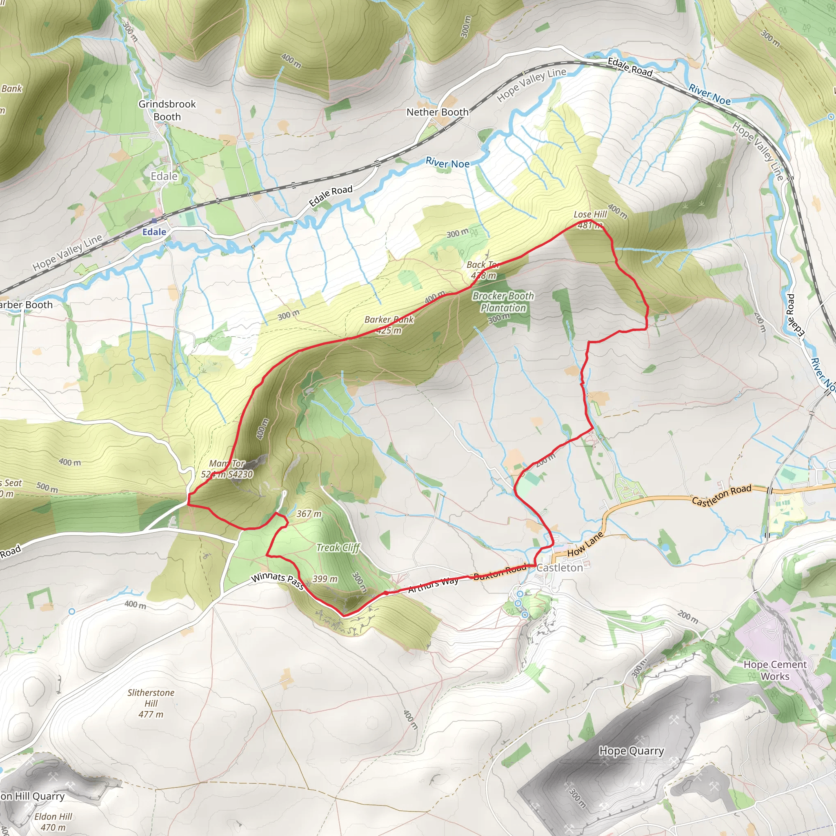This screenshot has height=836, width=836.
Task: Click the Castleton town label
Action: (560, 568)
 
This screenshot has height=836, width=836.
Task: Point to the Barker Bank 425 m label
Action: (389, 325)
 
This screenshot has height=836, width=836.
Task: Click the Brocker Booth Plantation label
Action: (503, 302)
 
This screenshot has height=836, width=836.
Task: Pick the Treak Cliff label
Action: (338, 548)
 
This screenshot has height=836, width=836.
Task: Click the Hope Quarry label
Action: (631, 751)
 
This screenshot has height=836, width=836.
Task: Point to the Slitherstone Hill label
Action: (151, 703)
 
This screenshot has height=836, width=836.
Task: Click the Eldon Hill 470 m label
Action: (53, 822)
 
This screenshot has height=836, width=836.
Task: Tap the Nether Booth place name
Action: (438, 112)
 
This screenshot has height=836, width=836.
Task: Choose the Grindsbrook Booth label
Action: (167, 110)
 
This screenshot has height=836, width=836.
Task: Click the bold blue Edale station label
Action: (154, 232)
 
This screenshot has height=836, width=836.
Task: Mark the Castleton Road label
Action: (721, 495)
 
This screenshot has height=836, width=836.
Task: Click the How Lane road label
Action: (585, 545)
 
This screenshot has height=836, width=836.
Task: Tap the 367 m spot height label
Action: (309, 514)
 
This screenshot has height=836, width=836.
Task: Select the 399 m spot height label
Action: (325, 579)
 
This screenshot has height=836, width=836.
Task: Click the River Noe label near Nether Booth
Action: (447, 163)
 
